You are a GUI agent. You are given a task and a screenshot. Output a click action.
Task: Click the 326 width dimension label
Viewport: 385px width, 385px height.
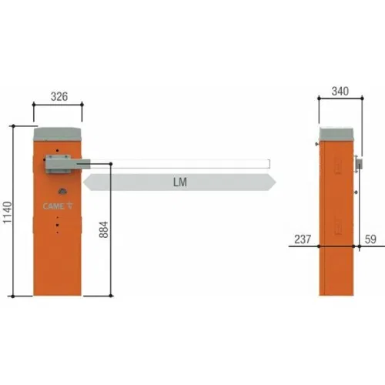coord(59,97)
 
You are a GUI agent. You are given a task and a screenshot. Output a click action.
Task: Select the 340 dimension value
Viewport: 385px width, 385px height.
coord(340,92)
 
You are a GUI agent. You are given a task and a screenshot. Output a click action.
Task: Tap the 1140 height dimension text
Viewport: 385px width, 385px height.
coord(8,213)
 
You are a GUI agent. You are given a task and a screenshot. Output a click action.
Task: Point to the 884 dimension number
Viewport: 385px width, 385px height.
coord(104,229)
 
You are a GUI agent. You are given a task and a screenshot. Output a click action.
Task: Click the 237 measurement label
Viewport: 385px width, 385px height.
coord(303,239)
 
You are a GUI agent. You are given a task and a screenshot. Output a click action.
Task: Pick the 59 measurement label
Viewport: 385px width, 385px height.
coord(370,239)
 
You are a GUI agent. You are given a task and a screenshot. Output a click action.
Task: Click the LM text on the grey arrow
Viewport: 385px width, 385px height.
coord(180,182)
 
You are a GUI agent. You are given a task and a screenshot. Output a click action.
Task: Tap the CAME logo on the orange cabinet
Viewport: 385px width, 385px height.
coord(58,206)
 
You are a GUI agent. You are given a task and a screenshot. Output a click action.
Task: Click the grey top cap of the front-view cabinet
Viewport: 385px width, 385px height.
coord(58,134)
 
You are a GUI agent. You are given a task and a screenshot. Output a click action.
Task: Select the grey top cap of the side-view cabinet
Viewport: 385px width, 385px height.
coord(336,134)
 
